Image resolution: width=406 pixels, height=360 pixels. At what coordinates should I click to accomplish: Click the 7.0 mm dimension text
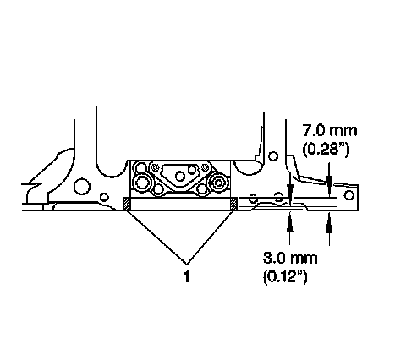coord(330,131)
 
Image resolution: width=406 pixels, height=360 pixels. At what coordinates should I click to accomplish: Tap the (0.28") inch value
coord(326,149)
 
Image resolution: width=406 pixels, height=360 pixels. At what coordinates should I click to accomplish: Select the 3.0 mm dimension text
coord(290,258)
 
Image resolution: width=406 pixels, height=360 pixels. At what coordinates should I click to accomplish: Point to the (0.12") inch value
coord(285,276)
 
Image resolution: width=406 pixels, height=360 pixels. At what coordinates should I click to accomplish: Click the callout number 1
coord(186,276)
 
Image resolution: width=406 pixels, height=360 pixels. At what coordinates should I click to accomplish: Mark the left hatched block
coord(127,204)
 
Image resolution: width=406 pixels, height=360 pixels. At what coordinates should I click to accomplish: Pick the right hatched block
coord(233,204)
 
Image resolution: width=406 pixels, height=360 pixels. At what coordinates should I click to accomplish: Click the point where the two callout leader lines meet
coord(186,264)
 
